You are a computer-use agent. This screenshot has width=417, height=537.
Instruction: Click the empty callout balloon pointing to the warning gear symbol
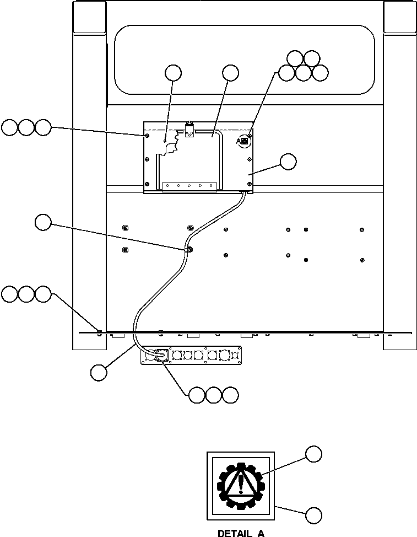click(313, 454)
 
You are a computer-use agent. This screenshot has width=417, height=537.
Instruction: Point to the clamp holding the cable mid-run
click(188, 249)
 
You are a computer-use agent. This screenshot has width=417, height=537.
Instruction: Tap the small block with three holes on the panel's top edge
click(189, 132)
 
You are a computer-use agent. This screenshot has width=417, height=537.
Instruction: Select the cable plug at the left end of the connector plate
click(161, 356)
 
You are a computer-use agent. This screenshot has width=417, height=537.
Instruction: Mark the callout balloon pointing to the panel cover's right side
click(288, 162)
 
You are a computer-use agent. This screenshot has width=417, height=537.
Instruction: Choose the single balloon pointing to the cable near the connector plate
click(99, 372)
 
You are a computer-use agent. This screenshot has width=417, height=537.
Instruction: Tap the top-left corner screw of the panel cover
click(146, 135)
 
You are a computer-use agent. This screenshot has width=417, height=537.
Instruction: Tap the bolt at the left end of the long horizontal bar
click(99, 331)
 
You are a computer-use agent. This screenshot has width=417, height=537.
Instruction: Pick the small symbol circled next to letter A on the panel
click(245, 142)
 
